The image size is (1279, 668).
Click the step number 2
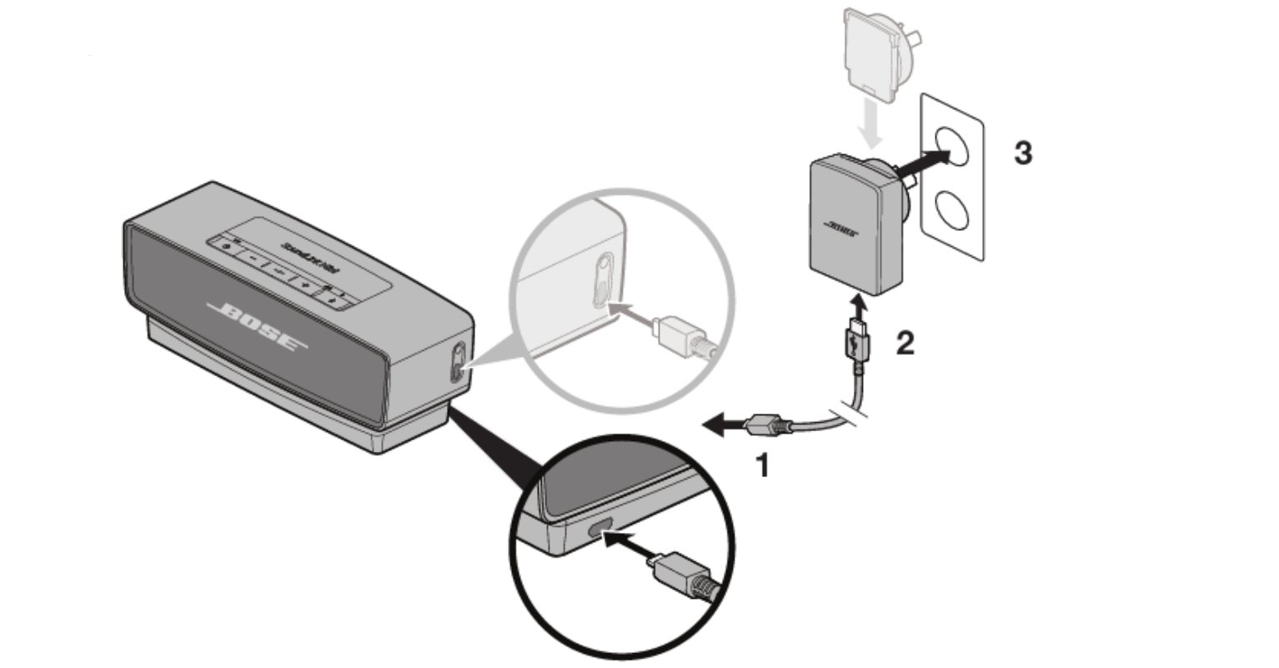coord(904,342)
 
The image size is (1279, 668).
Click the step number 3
coord(1022,153)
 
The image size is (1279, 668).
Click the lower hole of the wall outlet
coord(953,210)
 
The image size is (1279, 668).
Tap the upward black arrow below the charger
coord(859,307)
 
